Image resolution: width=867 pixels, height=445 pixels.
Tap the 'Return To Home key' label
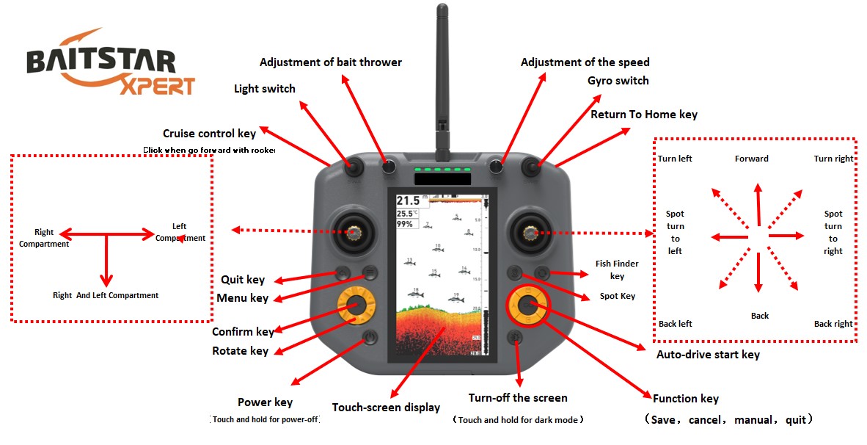[x=644, y=115]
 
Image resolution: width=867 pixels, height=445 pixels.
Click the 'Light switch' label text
[x=264, y=89]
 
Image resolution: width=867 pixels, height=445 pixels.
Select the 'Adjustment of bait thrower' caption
[x=330, y=62]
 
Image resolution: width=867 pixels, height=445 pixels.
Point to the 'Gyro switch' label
[x=618, y=81]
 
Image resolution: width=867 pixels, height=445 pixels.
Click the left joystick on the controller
[x=355, y=232]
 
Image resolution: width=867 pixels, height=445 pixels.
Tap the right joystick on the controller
[x=528, y=232]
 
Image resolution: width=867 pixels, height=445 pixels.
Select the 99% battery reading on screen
[x=405, y=224]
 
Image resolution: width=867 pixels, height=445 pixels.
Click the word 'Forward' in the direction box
[x=752, y=159]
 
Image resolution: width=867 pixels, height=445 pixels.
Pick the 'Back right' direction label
[x=833, y=324]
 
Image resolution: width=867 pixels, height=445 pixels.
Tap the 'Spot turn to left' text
[x=675, y=232]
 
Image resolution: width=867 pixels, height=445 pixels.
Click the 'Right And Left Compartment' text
[x=106, y=295]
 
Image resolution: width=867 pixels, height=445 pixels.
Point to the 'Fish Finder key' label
[x=617, y=269]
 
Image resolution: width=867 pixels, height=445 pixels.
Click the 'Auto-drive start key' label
[x=708, y=355]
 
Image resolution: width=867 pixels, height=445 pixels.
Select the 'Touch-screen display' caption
[x=386, y=408]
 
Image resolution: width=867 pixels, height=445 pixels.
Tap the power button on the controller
[x=369, y=338]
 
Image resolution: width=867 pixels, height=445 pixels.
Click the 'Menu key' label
[x=242, y=298]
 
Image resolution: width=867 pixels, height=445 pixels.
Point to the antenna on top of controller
[x=442, y=73]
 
